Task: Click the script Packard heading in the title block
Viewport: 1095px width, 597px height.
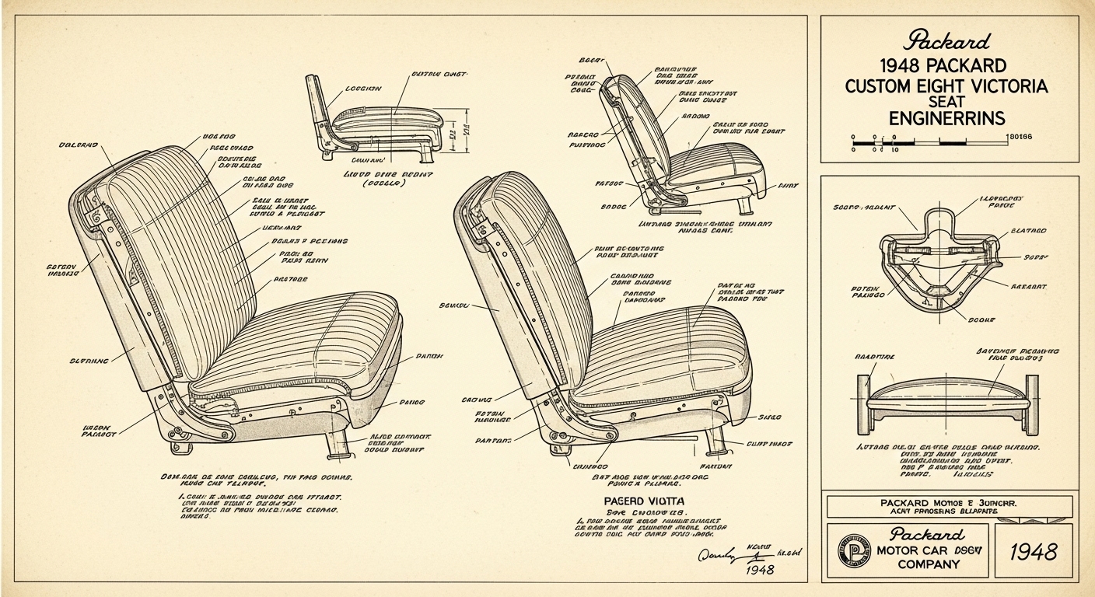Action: [947, 40]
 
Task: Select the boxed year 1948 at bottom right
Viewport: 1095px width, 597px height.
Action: [1033, 552]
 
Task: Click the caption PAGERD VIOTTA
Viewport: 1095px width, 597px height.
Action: [642, 501]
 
